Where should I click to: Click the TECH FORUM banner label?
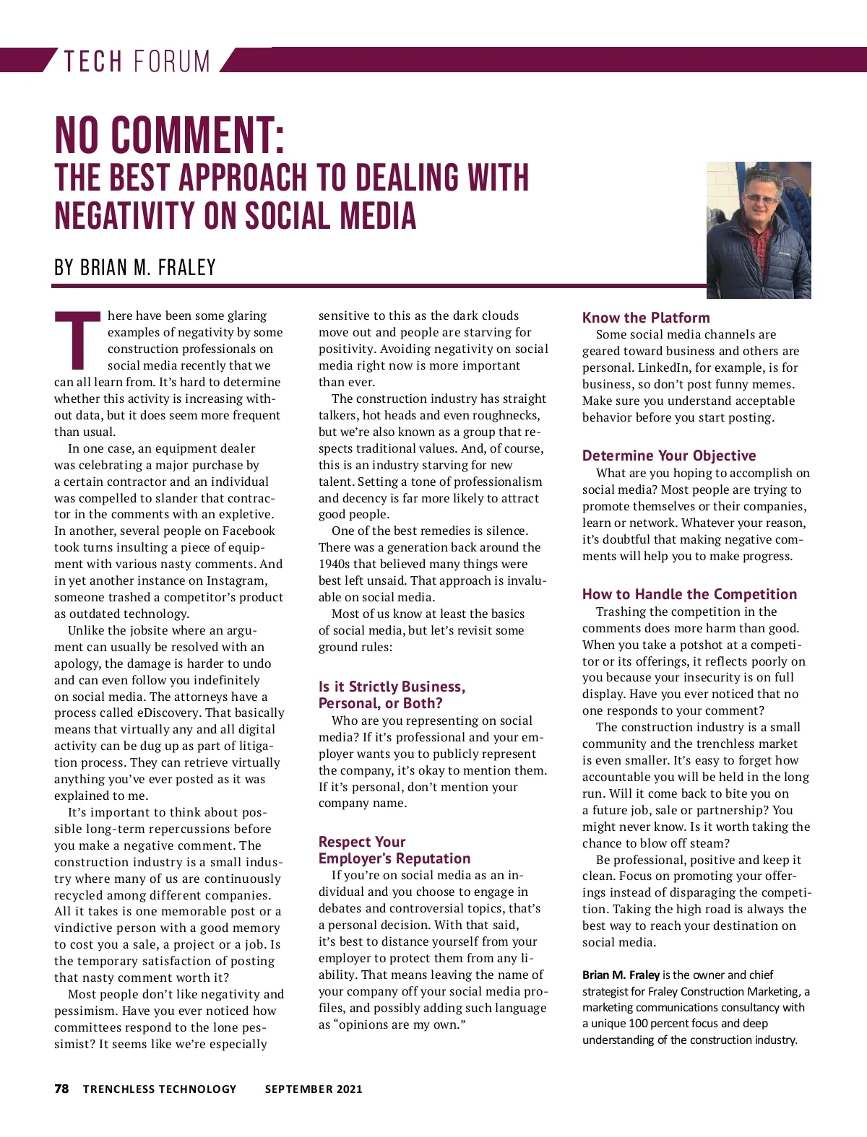[137, 61]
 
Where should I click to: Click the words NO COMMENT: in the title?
[170, 135]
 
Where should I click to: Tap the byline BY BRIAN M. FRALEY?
[135, 268]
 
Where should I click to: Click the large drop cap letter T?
[77, 339]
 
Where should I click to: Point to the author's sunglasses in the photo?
[757, 199]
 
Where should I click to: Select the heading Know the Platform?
[646, 318]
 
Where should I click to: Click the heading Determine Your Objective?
[669, 456]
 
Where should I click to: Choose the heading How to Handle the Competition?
[689, 594]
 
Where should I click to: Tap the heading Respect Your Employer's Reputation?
[394, 850]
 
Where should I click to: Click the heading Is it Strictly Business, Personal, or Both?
[392, 694]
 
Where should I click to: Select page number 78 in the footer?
[62, 1089]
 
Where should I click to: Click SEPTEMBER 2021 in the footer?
[314, 1089]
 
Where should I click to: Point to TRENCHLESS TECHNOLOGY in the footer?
[160, 1089]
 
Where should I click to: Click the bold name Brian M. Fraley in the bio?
[621, 975]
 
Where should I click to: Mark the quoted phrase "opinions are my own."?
[400, 1025]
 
